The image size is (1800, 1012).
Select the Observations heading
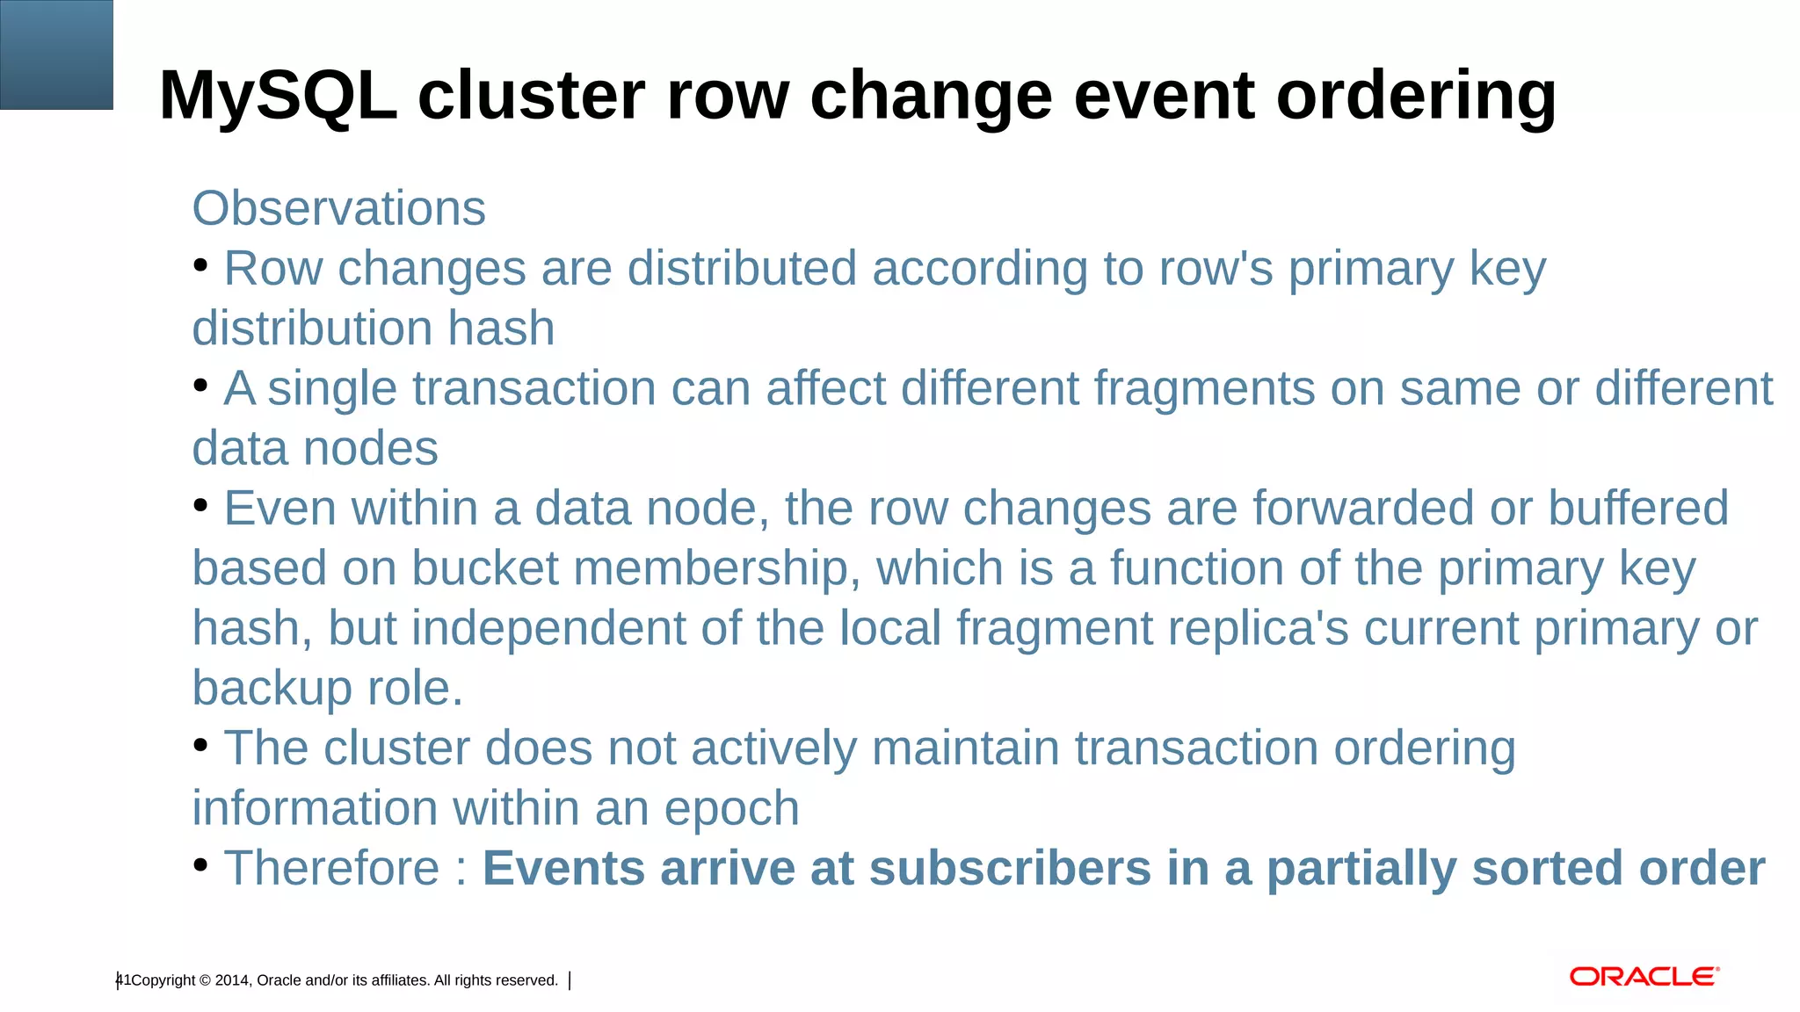[x=338, y=208]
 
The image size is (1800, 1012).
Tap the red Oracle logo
[x=1644, y=977]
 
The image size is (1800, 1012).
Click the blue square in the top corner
[x=56, y=54]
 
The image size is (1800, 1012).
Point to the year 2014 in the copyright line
[x=232, y=980]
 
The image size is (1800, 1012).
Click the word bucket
[x=484, y=568]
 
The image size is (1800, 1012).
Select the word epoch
[x=731, y=808]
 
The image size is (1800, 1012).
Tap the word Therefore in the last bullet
[x=331, y=868]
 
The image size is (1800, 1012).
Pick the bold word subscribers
[x=1010, y=868]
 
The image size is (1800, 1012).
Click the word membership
[x=715, y=568]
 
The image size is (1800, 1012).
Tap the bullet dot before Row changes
[x=200, y=264]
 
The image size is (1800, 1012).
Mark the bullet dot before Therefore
[x=200, y=865]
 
